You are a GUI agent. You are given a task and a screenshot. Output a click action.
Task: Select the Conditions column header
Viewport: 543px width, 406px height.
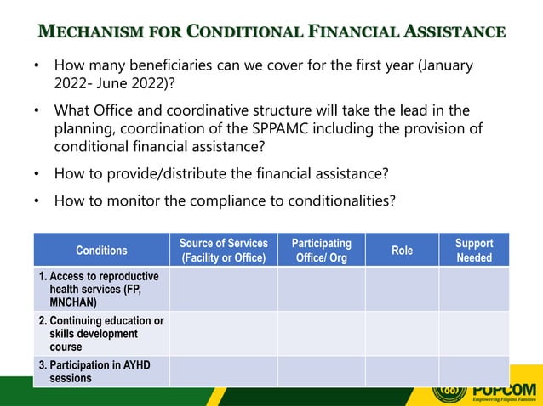101,250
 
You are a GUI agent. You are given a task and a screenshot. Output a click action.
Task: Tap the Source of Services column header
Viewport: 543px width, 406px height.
223,250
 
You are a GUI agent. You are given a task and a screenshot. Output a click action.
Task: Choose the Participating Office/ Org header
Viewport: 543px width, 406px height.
321,250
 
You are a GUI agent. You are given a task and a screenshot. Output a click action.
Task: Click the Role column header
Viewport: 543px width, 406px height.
402,250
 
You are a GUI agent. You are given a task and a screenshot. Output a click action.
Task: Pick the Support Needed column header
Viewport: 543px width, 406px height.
474,250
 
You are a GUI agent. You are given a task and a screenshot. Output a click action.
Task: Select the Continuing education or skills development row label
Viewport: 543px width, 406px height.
101,333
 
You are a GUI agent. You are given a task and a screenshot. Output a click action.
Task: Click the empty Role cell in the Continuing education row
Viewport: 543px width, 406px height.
402,333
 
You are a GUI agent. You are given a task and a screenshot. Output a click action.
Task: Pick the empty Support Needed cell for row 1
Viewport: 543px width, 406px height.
474,289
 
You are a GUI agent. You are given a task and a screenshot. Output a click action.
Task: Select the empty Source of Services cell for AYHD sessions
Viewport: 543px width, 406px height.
223,371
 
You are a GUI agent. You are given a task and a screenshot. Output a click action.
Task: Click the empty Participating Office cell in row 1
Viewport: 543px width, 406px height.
321,289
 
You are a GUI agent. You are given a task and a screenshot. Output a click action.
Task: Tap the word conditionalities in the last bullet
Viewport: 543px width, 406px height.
336,200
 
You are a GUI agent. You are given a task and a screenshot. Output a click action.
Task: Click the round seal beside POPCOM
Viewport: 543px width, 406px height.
449,393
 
